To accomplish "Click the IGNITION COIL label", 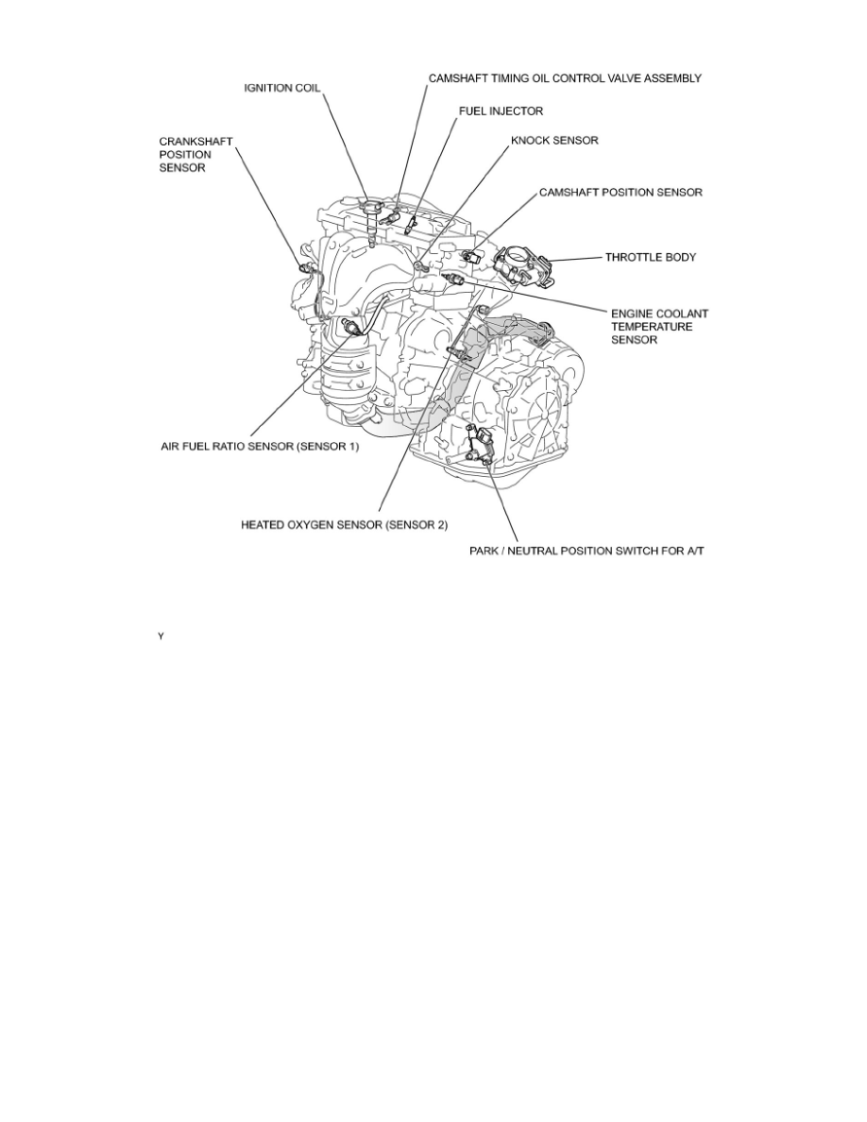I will [x=282, y=88].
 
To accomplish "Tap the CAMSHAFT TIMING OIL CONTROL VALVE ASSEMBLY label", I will [x=565, y=78].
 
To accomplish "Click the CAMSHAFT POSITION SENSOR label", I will [x=620, y=192].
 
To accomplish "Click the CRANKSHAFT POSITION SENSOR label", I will [x=195, y=154].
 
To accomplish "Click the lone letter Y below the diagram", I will [x=161, y=637].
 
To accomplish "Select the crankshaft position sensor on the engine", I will [x=305, y=269].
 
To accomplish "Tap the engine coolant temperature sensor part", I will [x=459, y=280].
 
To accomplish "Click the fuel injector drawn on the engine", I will [x=410, y=226].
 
